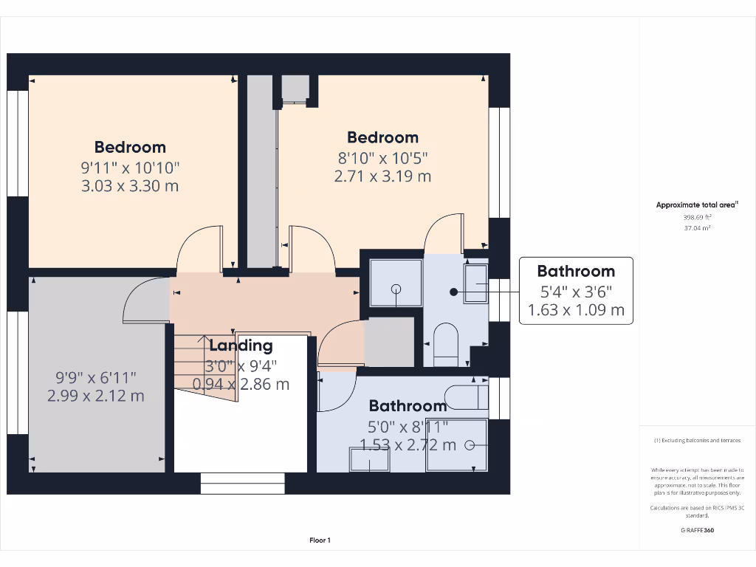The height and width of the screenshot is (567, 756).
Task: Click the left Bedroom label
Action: (130, 147)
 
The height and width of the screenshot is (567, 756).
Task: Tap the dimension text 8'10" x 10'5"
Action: (382, 157)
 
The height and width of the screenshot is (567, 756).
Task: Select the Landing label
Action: (241, 346)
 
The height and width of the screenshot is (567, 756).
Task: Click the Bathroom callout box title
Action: (576, 271)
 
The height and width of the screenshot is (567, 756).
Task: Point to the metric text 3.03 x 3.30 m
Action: (130, 186)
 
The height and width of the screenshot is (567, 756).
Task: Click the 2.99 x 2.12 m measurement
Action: (96, 396)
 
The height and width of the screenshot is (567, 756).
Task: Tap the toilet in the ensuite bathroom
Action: (446, 344)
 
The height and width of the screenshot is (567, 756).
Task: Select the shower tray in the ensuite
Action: (396, 283)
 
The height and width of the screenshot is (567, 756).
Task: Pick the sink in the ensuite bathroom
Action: (475, 283)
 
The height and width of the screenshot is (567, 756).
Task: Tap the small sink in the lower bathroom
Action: (369, 460)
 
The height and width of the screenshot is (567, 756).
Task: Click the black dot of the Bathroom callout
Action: (454, 292)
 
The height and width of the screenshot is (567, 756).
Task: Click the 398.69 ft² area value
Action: (697, 218)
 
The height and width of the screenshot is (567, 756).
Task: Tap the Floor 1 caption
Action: (320, 540)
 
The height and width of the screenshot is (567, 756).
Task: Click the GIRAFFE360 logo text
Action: (697, 530)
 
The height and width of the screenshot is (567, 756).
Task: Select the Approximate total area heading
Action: (696, 205)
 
